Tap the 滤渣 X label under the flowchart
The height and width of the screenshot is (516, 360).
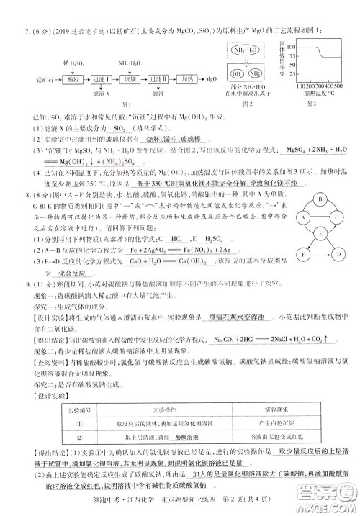tap(100, 94)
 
